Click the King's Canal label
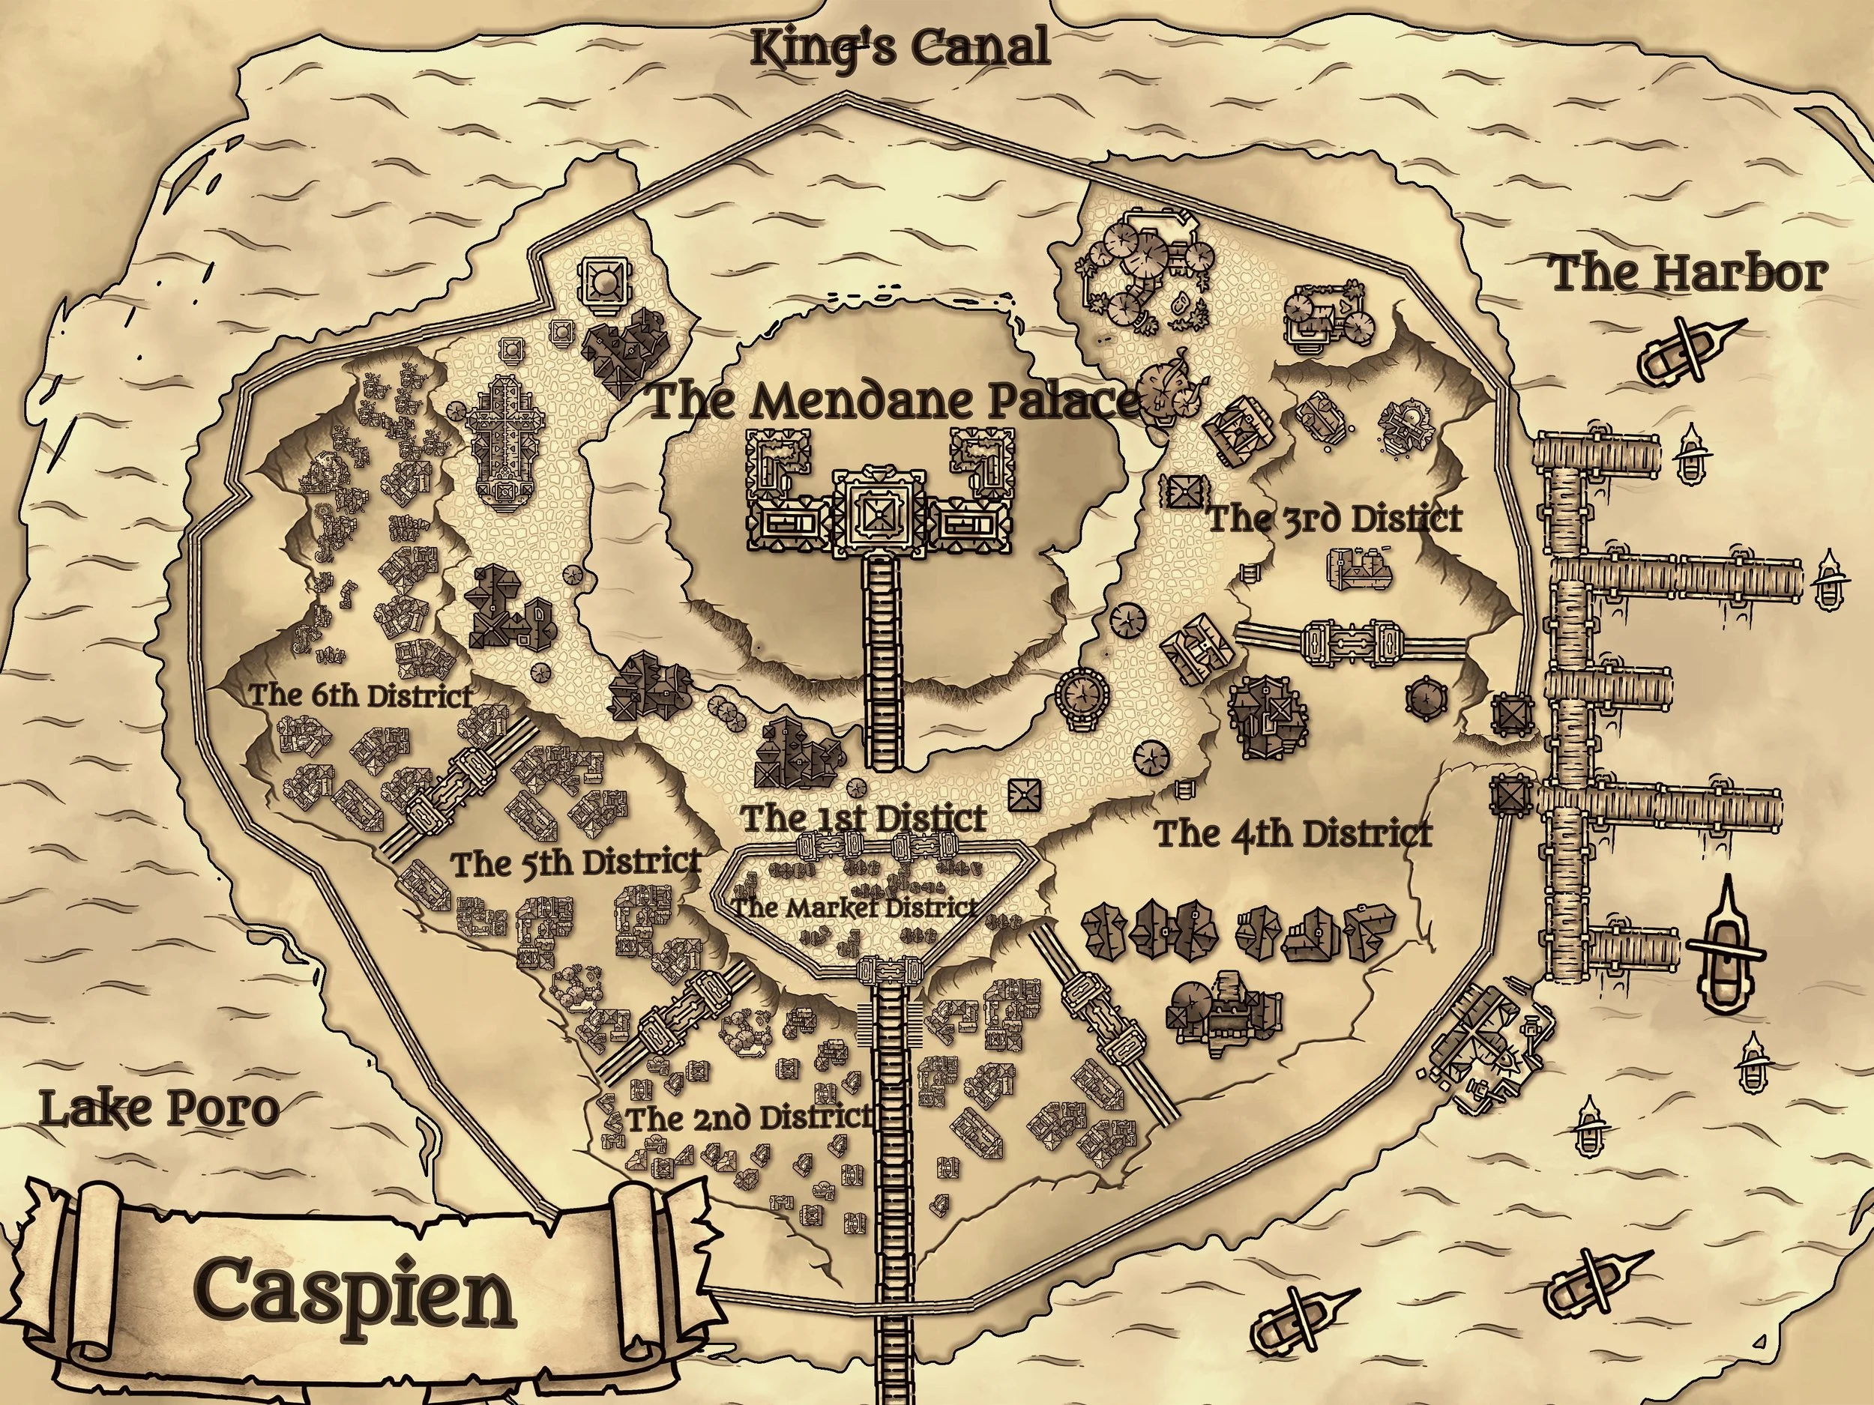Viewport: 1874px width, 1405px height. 900,48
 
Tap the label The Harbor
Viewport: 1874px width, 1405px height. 1687,274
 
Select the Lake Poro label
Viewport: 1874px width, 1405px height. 159,1110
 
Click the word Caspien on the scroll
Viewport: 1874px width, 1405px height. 356,1295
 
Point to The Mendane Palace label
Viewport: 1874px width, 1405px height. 894,402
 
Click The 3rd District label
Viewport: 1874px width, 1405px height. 1334,519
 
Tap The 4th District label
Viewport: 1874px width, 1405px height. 1294,834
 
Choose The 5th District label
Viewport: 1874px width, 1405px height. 576,864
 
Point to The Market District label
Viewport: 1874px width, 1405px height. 854,907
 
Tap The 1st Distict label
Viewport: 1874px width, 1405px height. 864,818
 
